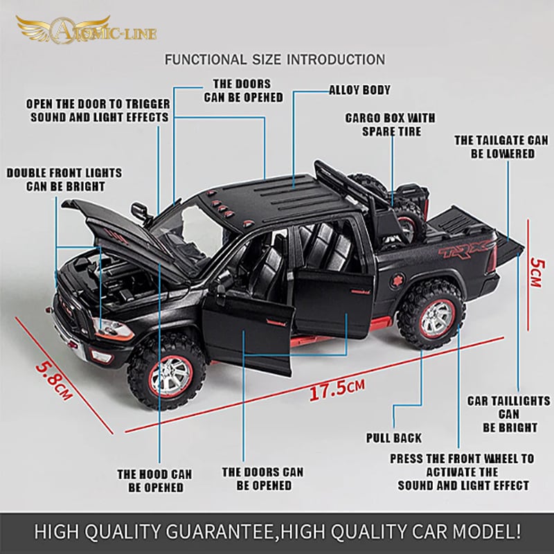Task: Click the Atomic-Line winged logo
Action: (x=86, y=30)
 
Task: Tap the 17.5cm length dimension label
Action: (x=337, y=388)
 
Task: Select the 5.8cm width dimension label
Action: (x=54, y=381)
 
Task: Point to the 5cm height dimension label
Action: (x=537, y=272)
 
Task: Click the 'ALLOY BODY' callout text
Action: (x=359, y=90)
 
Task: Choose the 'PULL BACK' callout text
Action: (x=393, y=438)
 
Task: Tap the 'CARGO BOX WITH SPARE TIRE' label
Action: (x=390, y=125)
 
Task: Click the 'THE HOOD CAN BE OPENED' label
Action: (x=154, y=481)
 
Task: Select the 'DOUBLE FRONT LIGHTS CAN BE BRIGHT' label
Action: (x=64, y=179)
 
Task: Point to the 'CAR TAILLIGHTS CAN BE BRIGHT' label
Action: (x=509, y=414)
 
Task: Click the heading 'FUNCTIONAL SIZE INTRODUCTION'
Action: (x=275, y=60)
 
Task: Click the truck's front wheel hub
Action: (x=170, y=377)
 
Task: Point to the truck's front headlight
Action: (x=113, y=330)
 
